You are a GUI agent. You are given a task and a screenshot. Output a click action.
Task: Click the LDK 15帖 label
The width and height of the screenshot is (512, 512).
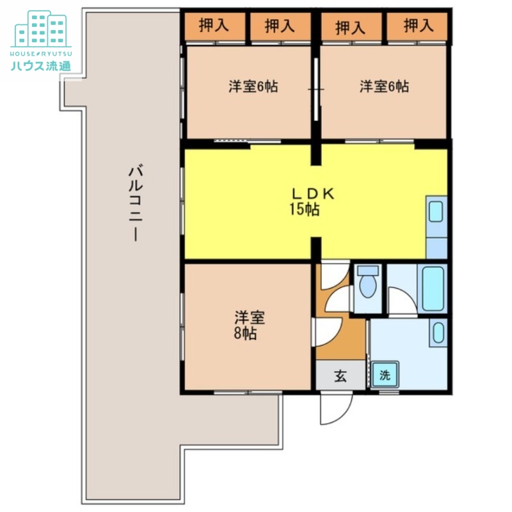tap(312, 202)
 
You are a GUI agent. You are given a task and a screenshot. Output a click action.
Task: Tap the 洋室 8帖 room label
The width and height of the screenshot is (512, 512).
tap(249, 325)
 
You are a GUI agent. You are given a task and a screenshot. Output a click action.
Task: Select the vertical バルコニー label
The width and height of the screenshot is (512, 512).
tap(136, 204)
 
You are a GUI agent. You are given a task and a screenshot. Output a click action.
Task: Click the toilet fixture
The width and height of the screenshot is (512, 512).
tap(368, 282)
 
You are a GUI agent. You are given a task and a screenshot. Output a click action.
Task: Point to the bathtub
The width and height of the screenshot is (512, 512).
tap(433, 289)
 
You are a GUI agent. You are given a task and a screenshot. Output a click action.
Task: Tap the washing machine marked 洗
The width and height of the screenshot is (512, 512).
tap(385, 375)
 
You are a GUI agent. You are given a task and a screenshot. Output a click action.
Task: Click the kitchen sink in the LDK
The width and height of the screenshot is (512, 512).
tap(436, 212)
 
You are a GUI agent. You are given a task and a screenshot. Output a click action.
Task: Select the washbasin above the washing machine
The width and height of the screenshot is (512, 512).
tap(438, 333)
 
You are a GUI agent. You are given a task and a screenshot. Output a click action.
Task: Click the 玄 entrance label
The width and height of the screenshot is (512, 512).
tap(340, 376)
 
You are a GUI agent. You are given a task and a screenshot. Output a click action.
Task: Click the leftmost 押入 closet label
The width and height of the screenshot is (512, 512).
tap(214, 26)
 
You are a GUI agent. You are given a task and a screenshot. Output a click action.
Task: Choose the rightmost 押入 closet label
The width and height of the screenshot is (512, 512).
tap(419, 26)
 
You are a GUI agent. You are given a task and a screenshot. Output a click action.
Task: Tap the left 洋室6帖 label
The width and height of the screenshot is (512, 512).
tap(253, 87)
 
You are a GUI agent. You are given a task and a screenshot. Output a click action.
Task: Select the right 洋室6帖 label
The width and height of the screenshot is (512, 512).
tap(384, 87)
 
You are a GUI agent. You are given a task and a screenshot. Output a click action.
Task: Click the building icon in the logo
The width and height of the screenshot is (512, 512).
tap(42, 29)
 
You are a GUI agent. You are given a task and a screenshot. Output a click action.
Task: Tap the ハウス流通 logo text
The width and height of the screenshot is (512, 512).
tap(41, 67)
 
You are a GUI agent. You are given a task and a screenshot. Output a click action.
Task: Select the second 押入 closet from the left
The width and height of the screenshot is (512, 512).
tap(280, 26)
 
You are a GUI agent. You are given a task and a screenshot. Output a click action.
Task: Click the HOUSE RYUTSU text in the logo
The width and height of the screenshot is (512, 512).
tap(41, 54)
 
